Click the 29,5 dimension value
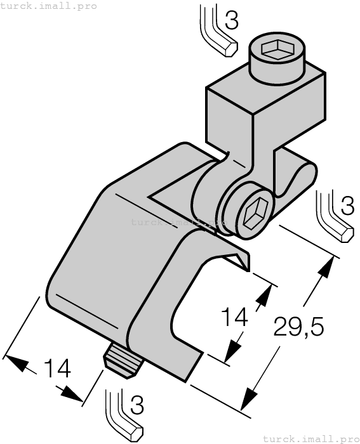(298, 327)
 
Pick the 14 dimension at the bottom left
(57, 370)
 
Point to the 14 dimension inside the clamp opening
(232, 317)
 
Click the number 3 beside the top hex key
(232, 22)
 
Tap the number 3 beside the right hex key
(347, 206)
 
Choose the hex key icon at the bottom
(121, 415)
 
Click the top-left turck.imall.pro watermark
(49, 6)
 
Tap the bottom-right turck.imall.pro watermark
(311, 438)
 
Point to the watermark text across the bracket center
(179, 223)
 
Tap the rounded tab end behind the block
(307, 173)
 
